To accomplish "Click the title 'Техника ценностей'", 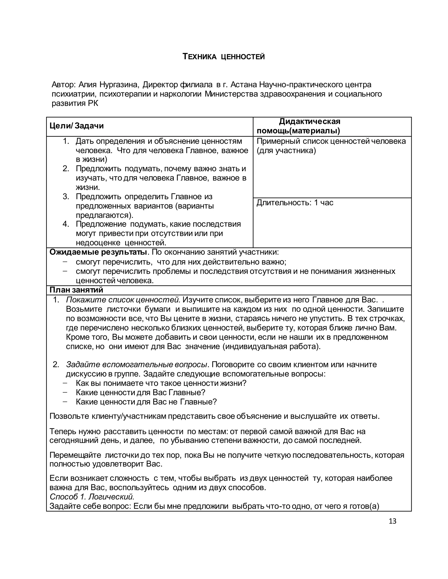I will pos(224,57).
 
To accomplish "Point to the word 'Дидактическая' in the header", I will pos(310,121).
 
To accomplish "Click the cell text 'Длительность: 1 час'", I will pos(295,203).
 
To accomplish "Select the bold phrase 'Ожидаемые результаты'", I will pos(98,252).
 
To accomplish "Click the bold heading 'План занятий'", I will pos(76,290).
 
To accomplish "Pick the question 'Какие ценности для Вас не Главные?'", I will pos(146,402).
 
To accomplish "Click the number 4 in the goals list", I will pos(66,224).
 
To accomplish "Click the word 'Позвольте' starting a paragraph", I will pos(69,416).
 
